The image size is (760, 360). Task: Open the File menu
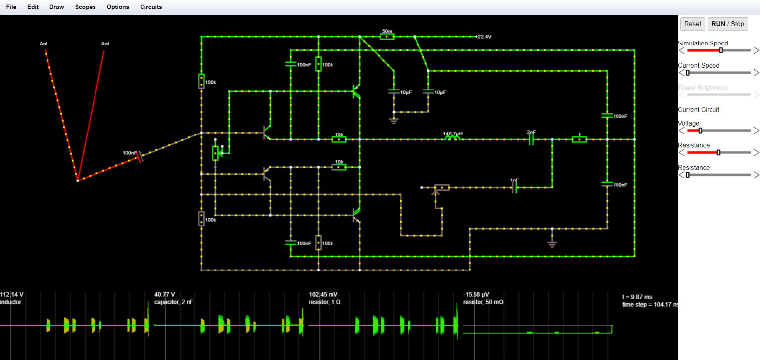click(x=11, y=7)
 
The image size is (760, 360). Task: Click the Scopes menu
click(x=85, y=7)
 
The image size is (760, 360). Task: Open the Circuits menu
click(x=151, y=7)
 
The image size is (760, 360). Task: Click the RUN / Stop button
click(x=727, y=24)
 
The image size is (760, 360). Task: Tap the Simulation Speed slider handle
click(x=721, y=50)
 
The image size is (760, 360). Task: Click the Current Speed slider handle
click(x=688, y=73)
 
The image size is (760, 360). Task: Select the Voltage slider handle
click(x=700, y=131)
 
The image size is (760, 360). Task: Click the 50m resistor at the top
click(x=387, y=36)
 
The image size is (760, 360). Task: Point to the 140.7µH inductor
click(x=452, y=139)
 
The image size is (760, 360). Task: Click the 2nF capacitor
click(x=531, y=139)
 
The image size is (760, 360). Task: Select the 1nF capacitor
click(x=515, y=188)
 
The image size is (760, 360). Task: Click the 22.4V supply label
click(x=484, y=37)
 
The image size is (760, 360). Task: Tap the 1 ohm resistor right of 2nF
click(x=579, y=140)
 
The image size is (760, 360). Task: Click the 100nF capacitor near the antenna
click(x=140, y=157)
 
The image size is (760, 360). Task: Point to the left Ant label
click(x=44, y=44)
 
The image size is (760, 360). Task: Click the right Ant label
click(x=105, y=44)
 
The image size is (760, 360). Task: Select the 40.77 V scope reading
click(x=165, y=294)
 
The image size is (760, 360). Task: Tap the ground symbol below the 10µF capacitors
click(x=394, y=120)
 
